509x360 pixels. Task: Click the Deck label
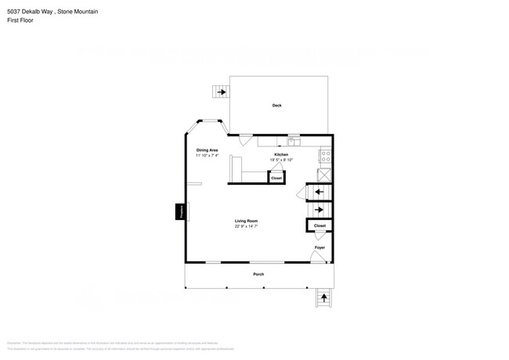(276, 105)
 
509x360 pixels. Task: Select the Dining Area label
(207, 149)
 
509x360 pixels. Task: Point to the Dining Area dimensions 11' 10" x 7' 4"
(207, 156)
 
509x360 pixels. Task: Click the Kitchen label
(280, 155)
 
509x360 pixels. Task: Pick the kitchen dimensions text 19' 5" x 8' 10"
(280, 160)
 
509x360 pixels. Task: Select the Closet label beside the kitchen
(276, 178)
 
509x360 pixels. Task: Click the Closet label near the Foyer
(319, 225)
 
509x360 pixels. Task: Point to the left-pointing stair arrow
(319, 192)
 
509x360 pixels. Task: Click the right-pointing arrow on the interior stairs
(319, 210)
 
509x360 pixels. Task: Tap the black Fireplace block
(180, 211)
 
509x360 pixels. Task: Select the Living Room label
(246, 221)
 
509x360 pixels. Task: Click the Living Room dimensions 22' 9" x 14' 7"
(246, 227)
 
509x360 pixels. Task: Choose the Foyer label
(319, 247)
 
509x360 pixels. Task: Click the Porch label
(258, 275)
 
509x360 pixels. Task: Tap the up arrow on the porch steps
(323, 297)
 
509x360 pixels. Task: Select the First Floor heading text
(19, 21)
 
